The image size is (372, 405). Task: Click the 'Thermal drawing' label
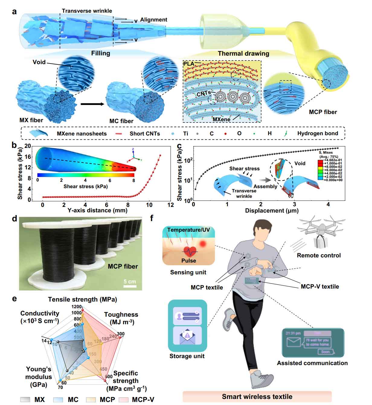coord(243,54)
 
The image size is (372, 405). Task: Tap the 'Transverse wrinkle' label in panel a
coord(87,11)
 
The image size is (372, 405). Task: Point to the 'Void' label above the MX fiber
coord(39,62)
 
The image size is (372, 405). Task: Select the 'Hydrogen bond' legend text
coord(318,133)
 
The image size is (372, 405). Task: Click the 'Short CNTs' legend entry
coord(145,133)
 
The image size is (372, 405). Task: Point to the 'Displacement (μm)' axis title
coord(272,211)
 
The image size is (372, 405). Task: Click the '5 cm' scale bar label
coord(130,282)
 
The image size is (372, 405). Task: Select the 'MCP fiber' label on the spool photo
coord(123,266)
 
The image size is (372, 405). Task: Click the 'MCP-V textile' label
coord(320,286)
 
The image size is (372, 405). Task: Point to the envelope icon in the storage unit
coord(187,336)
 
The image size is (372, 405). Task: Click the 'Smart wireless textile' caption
coord(257,397)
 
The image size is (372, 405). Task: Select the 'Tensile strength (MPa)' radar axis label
coord(82,299)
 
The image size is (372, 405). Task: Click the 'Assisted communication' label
coord(312,363)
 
